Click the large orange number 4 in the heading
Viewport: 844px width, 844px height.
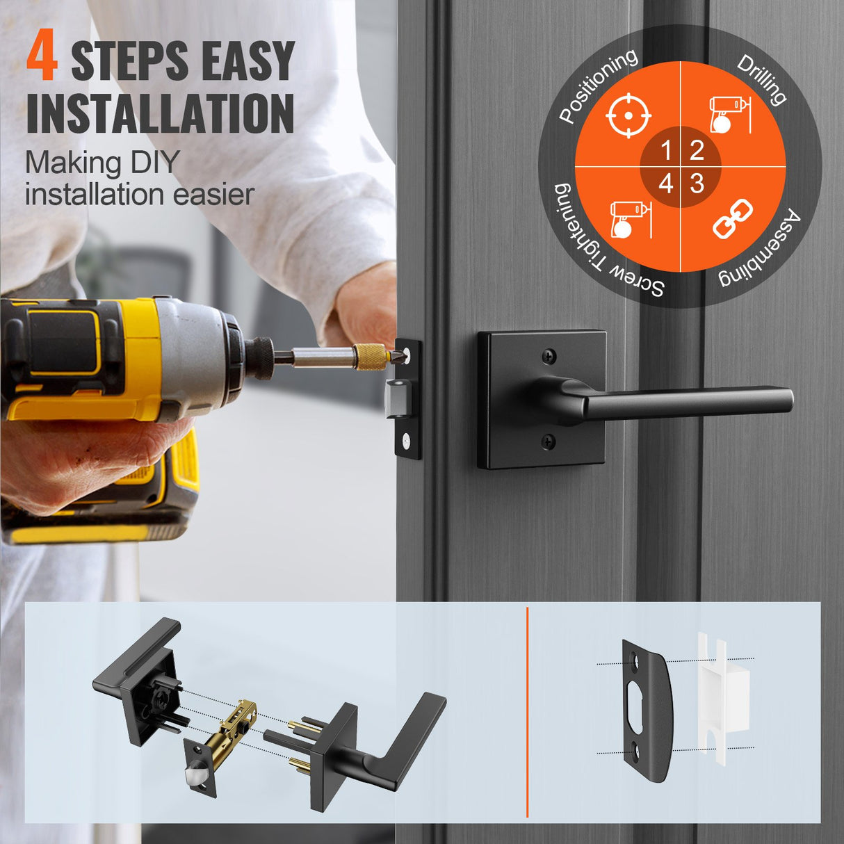point(42,60)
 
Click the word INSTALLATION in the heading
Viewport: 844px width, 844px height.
point(161,114)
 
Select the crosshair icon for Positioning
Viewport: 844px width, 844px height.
point(628,115)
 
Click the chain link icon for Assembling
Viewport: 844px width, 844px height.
point(733,218)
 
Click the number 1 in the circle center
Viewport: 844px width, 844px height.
point(666,150)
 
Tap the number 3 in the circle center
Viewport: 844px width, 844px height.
point(697,184)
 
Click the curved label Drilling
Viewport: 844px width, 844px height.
point(763,79)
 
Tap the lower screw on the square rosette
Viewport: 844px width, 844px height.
point(549,439)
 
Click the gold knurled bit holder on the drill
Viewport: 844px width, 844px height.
point(370,356)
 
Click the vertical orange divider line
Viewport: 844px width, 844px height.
point(528,712)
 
